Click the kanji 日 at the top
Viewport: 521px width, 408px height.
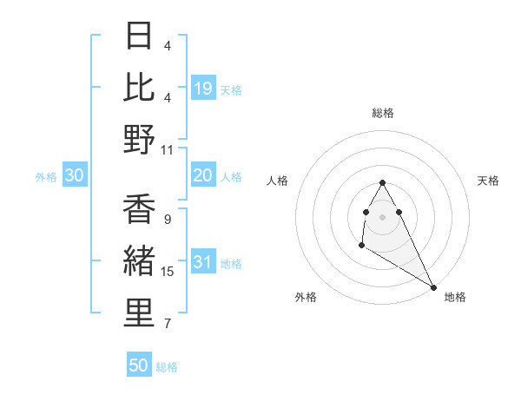[x=140, y=36]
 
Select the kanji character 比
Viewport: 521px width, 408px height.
[x=140, y=87]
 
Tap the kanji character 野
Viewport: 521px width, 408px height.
[x=140, y=139]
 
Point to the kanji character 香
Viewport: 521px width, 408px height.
[x=140, y=209]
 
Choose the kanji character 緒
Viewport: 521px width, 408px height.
[x=140, y=261]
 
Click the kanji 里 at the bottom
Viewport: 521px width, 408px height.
[x=140, y=313]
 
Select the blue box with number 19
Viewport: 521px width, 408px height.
[x=203, y=88]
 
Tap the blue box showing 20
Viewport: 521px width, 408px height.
[x=203, y=175]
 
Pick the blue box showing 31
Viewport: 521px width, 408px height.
[x=203, y=263]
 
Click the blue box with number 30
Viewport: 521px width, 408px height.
[x=75, y=175]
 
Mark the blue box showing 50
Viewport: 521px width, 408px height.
[x=139, y=365]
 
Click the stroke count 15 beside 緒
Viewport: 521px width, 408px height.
[x=168, y=272]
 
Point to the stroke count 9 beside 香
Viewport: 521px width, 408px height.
[x=168, y=219]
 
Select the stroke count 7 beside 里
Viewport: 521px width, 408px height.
[x=168, y=325]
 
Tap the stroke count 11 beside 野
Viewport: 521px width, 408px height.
[x=168, y=149]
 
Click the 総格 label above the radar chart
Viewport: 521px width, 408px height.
[x=383, y=113]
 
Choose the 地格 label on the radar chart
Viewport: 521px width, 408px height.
[x=455, y=297]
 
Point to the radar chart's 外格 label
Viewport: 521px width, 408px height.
[x=306, y=297]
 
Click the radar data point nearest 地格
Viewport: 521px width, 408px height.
[x=433, y=286]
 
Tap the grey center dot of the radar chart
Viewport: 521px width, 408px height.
[x=383, y=216]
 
